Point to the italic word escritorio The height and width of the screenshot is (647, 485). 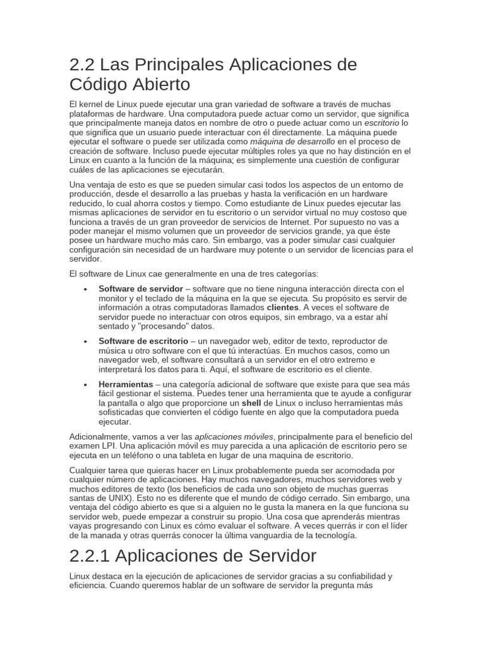click(382, 123)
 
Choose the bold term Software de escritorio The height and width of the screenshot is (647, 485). click(143, 341)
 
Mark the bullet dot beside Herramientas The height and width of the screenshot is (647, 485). click(85, 384)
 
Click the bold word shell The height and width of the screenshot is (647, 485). click(251, 403)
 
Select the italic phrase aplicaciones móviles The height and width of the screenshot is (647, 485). click(234, 437)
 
